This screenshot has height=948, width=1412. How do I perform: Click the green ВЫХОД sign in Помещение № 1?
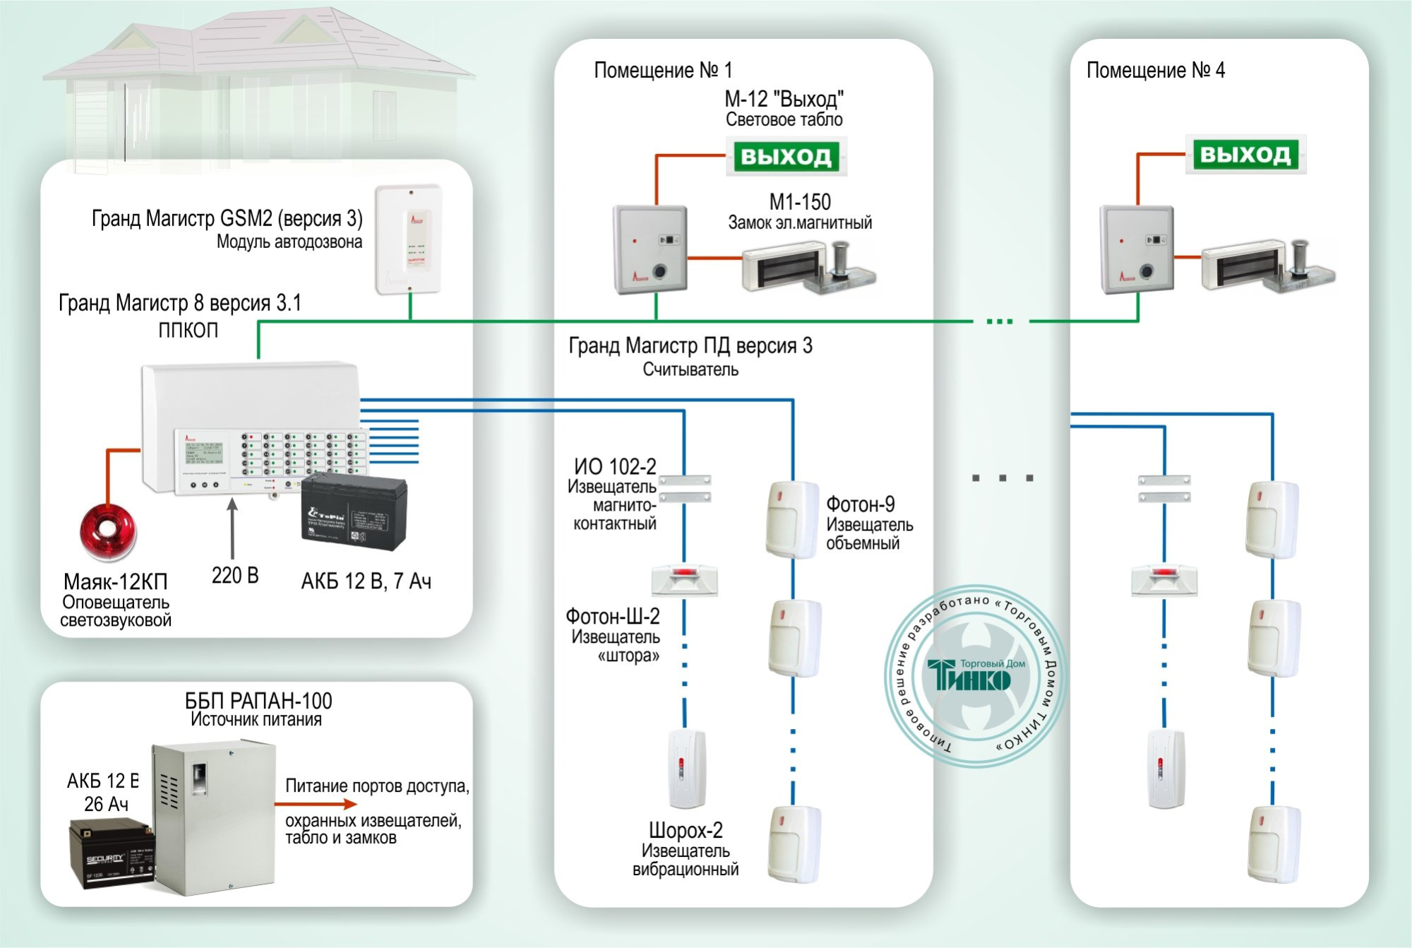[x=786, y=156]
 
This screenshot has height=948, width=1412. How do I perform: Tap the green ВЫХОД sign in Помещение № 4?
[x=1245, y=154]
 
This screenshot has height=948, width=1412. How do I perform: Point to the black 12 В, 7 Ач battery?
[x=354, y=511]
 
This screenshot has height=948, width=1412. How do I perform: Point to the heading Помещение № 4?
[x=1155, y=70]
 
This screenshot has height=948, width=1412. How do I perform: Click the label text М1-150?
[x=799, y=202]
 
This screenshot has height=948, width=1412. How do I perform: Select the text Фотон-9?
[x=860, y=504]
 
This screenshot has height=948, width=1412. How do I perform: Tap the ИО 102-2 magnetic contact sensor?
[x=685, y=488]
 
